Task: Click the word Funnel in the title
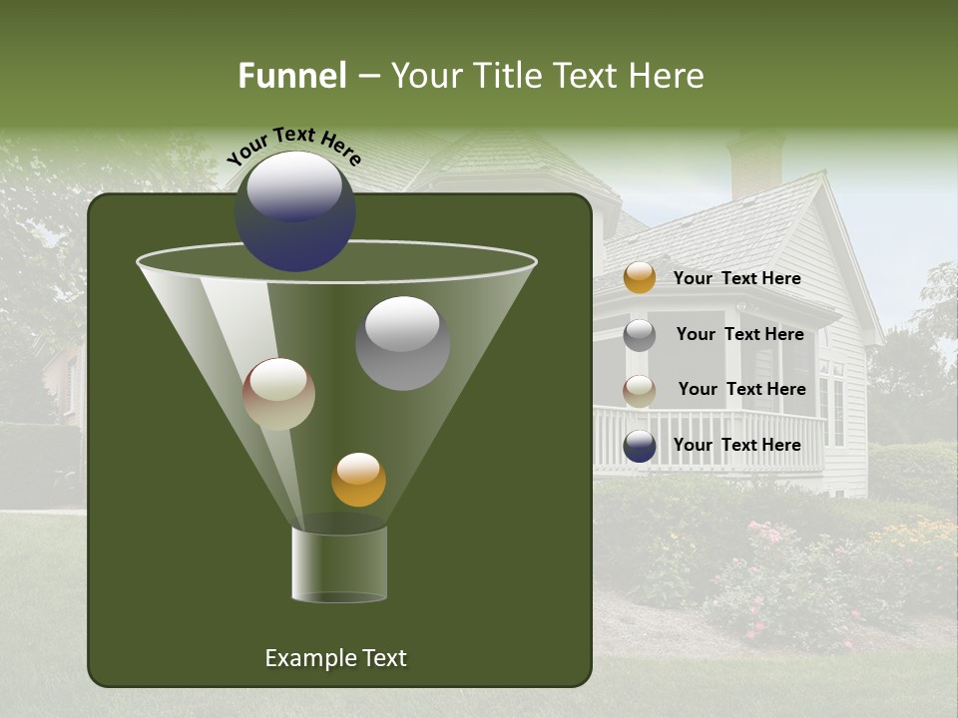(x=291, y=76)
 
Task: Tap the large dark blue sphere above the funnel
(x=295, y=211)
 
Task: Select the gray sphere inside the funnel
(x=402, y=342)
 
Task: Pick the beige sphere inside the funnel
(x=278, y=394)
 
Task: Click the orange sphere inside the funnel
(x=358, y=480)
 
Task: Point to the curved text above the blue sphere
(x=294, y=146)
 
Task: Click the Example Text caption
(x=335, y=658)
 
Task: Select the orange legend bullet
(x=640, y=278)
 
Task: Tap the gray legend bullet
(x=640, y=335)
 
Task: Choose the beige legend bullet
(x=640, y=391)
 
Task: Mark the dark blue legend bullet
(x=640, y=446)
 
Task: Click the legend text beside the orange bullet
(x=736, y=279)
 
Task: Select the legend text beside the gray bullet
(x=739, y=335)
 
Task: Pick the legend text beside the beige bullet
(x=741, y=390)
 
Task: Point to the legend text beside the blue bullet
(x=736, y=446)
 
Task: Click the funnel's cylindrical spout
(x=339, y=563)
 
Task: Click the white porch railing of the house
(x=709, y=439)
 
